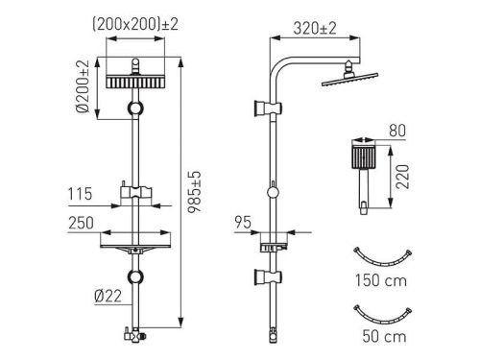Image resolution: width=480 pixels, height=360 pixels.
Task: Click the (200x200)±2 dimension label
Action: [x=135, y=25]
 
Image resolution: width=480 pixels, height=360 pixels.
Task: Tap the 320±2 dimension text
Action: [x=315, y=29]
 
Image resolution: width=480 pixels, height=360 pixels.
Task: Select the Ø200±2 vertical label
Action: [x=83, y=86]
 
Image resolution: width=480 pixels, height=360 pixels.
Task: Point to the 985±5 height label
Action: [x=194, y=192]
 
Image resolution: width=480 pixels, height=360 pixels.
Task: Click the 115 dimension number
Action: [x=80, y=194]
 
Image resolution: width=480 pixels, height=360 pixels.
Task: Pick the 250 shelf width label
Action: [x=81, y=223]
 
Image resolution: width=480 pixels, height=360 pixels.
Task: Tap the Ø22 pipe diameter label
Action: [x=108, y=296]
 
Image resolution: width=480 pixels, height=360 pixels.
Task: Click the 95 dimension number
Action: [x=243, y=223]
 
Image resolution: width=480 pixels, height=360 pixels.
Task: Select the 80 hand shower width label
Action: [x=397, y=131]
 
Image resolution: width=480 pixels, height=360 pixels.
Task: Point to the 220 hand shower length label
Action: [x=402, y=177]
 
